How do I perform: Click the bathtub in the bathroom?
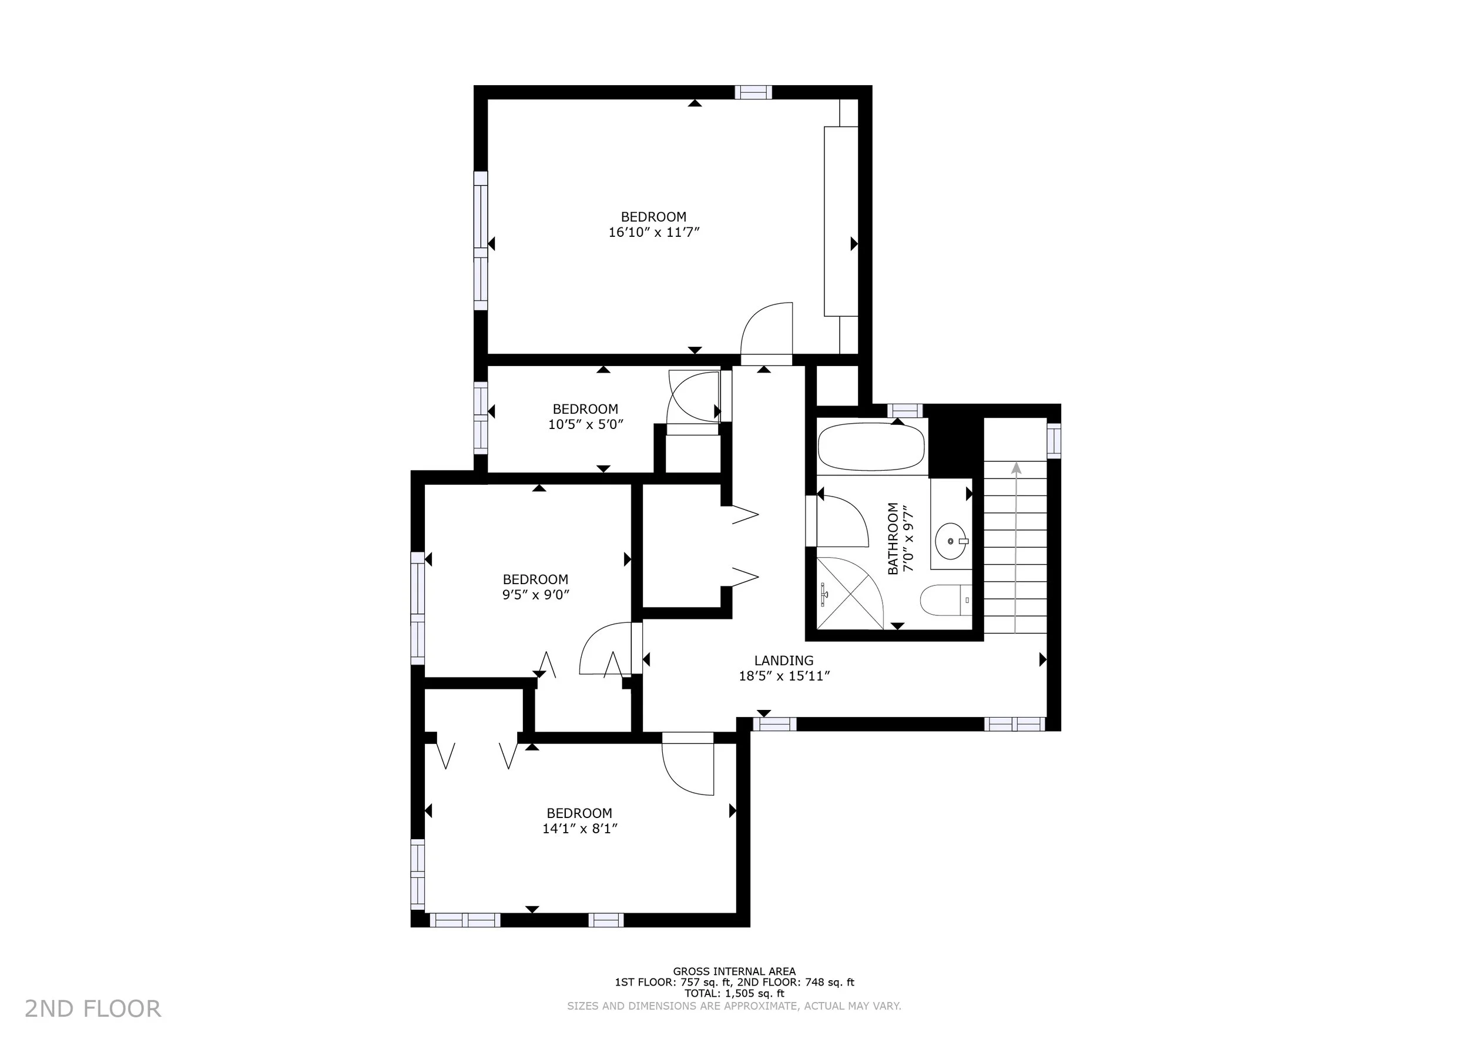click(871, 447)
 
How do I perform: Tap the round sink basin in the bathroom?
click(951, 541)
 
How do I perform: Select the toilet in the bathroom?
click(945, 600)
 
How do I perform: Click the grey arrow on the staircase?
click(1016, 547)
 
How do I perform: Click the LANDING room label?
click(784, 661)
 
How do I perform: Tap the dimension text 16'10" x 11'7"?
click(654, 232)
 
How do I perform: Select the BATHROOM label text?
click(893, 539)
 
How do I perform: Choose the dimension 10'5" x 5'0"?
click(585, 424)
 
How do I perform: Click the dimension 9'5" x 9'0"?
click(535, 594)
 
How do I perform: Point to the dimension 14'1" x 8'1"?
click(579, 829)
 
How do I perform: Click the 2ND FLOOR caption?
click(93, 1009)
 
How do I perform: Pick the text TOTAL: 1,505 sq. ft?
click(734, 994)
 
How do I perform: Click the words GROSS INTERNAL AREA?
click(734, 971)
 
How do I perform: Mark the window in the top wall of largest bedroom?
click(753, 92)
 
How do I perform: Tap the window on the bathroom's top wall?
click(905, 410)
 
